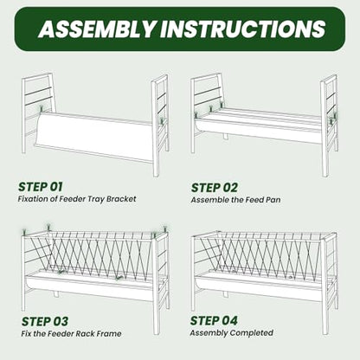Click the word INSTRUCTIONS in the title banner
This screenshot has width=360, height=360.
pos(243,29)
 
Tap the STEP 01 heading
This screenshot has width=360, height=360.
pos(40,187)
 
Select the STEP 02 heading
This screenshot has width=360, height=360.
pos(215,188)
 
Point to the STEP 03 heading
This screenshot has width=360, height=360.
pos(45,322)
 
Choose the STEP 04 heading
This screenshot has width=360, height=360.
pos(214,320)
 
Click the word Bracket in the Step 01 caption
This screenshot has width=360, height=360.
pos(121,199)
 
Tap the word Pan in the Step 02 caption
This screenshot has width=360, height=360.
pos(273,200)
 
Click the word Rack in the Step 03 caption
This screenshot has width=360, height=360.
pos(84,334)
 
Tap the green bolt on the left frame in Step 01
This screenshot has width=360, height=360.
pos(42,109)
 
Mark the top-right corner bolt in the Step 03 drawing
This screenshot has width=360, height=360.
pos(165,228)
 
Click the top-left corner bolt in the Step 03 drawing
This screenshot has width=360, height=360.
pos(24,232)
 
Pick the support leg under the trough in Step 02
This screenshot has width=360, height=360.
pos(225,136)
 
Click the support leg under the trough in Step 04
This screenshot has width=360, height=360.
pos(225,294)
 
